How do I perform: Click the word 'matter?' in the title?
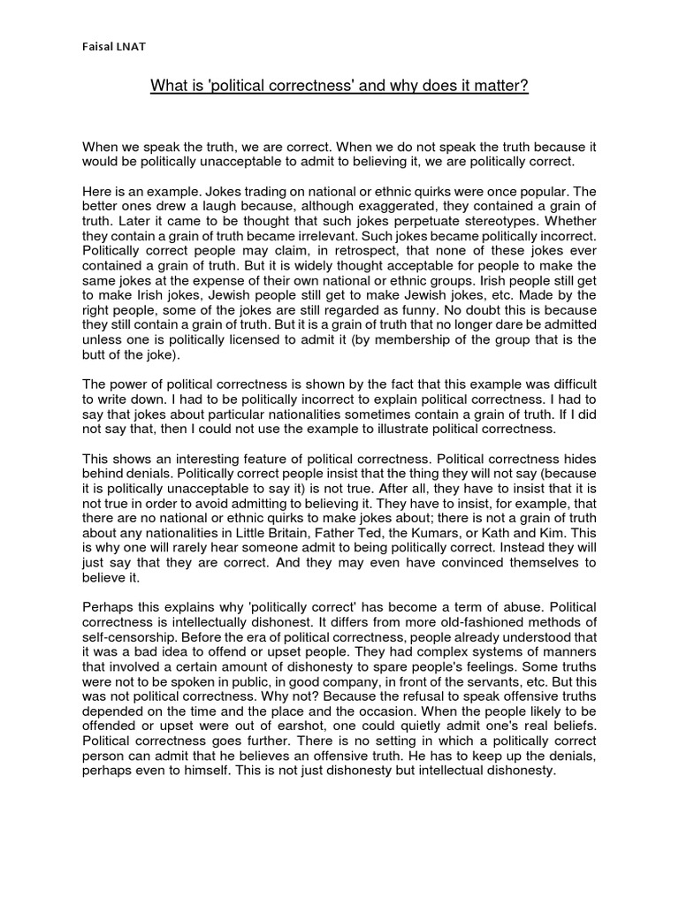(500, 87)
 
